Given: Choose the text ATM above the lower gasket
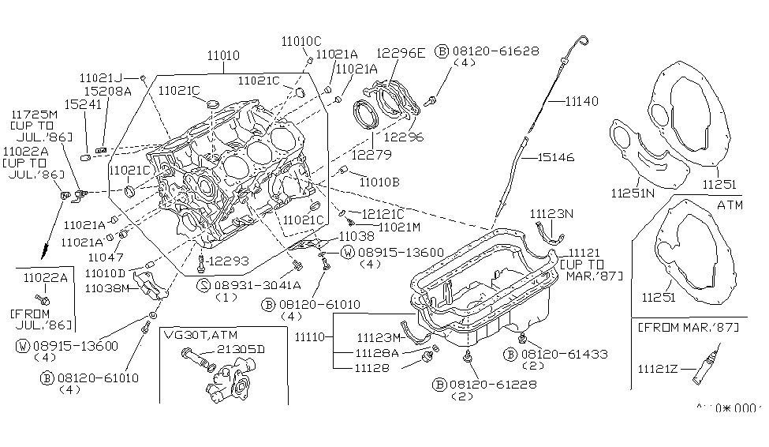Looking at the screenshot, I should pyautogui.click(x=730, y=204).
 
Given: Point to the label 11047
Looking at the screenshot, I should pyautogui.click(x=103, y=257).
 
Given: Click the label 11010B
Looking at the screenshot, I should pyautogui.click(x=378, y=182).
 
